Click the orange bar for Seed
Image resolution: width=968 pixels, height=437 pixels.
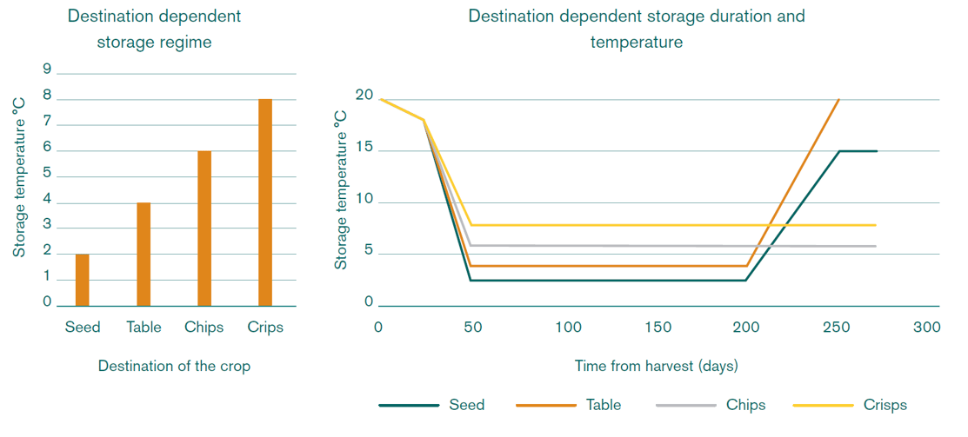(83, 280)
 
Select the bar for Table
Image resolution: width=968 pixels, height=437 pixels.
(144, 254)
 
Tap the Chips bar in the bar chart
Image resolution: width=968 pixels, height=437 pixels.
(204, 228)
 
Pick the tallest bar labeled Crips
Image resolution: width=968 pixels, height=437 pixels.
(265, 202)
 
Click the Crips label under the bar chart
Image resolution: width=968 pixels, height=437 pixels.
(265, 328)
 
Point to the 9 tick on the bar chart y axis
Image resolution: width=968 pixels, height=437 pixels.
(47, 70)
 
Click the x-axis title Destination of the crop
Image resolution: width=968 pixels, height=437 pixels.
(174, 366)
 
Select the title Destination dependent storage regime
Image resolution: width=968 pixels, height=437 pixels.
(154, 29)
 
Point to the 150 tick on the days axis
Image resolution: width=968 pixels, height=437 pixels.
(658, 328)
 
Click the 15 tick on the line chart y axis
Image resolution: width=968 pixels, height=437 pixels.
(364, 149)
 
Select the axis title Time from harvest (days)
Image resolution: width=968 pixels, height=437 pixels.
(657, 366)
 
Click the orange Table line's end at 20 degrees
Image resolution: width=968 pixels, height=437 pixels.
(838, 100)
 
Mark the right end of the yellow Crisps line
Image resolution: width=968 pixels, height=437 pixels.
(876, 225)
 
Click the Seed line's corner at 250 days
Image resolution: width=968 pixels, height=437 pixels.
(839, 151)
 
